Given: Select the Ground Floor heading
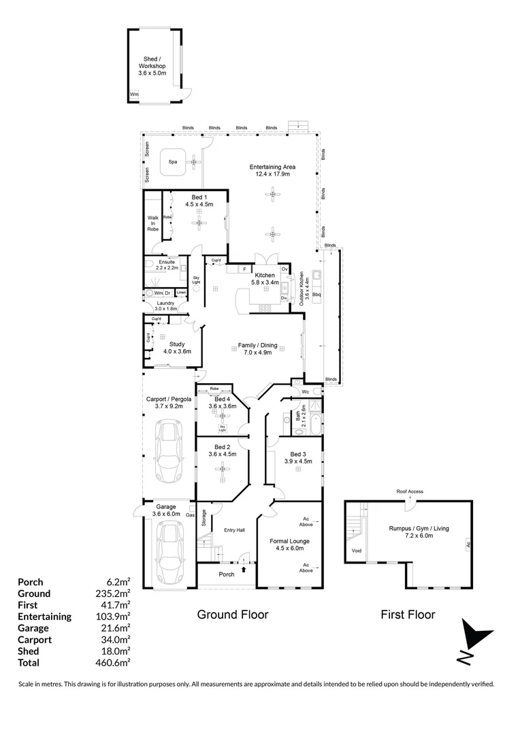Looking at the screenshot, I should tap(232, 615).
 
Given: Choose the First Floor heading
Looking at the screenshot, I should tap(408, 615).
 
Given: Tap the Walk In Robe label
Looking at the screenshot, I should tap(153, 224).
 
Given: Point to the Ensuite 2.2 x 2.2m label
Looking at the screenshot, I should tap(167, 265).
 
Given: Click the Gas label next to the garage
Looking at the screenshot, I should tap(191, 514).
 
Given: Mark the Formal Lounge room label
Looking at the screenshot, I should tap(293, 544).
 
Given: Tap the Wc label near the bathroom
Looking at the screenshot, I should tap(306, 392).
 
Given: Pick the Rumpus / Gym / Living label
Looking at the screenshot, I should tap(418, 532).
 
